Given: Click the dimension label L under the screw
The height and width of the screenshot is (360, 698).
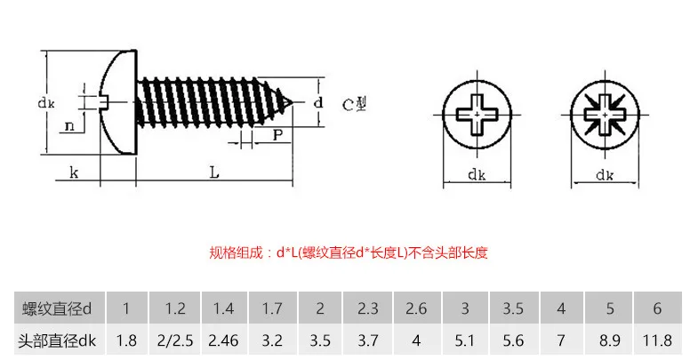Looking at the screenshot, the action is pyautogui.click(x=214, y=172).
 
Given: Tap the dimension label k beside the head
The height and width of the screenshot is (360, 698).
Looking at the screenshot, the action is pyautogui.click(x=74, y=172).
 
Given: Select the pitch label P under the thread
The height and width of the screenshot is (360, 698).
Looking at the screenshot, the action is pyautogui.click(x=277, y=135).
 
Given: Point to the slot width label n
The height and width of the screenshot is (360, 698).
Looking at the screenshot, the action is pyautogui.click(x=69, y=126).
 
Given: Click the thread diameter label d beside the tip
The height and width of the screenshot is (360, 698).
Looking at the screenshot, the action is pyautogui.click(x=317, y=103).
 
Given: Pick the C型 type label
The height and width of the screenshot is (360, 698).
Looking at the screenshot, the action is pyautogui.click(x=355, y=105).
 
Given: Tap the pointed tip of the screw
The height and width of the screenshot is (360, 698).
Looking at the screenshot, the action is pyautogui.click(x=292, y=103).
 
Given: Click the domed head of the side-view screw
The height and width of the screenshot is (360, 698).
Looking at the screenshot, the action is pyautogui.click(x=118, y=103).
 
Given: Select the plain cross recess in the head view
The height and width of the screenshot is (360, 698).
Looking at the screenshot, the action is pyautogui.click(x=477, y=115).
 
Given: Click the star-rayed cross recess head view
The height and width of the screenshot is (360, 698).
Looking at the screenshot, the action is pyautogui.click(x=605, y=115).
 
